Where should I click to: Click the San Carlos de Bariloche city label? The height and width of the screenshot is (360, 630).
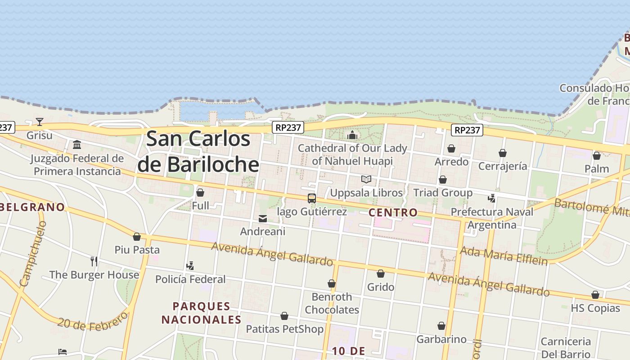point(198,151)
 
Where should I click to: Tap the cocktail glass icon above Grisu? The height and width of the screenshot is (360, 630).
point(40,121)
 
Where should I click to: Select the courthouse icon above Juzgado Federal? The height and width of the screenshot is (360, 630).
point(77,145)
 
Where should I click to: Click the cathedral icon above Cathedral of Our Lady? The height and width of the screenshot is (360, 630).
point(352,135)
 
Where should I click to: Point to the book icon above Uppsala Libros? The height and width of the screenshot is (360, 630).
point(366,180)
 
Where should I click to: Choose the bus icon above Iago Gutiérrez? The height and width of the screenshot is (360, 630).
point(311,198)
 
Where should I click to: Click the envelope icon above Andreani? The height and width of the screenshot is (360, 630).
point(263,219)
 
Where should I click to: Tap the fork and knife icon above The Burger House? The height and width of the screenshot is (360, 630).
point(94,261)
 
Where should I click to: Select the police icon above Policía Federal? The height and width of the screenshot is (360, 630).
point(190,265)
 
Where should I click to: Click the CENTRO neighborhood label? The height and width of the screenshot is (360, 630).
point(393,212)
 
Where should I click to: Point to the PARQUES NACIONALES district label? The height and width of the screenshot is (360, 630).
point(202,313)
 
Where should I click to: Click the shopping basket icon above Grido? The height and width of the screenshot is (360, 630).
point(381,274)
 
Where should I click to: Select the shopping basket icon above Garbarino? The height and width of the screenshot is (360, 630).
point(441,326)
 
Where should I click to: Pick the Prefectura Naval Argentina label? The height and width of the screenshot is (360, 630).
point(492,218)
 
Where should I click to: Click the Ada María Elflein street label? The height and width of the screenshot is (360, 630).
point(504,255)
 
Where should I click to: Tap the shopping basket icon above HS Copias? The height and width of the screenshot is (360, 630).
point(595,295)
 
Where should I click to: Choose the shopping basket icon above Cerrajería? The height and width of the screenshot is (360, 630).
point(503,153)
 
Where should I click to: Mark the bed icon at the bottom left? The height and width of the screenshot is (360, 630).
point(63,352)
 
